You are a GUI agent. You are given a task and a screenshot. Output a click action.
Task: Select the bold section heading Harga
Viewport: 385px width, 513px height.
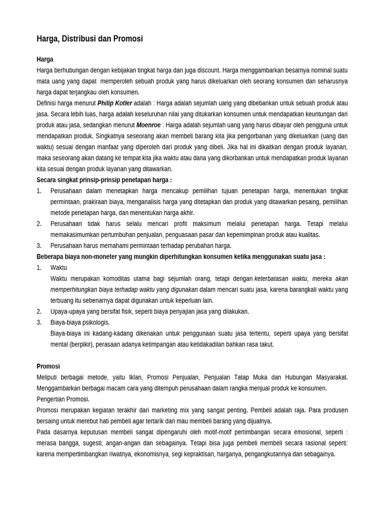(x=45, y=59)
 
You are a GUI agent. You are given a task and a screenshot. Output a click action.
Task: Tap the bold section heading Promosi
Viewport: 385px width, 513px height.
(x=48, y=366)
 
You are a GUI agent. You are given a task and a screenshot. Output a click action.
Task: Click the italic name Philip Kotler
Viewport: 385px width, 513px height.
(x=115, y=103)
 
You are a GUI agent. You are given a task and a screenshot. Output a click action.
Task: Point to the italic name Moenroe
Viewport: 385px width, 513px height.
(x=148, y=125)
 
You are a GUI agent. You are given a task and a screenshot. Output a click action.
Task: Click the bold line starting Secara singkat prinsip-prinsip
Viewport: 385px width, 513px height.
(x=104, y=180)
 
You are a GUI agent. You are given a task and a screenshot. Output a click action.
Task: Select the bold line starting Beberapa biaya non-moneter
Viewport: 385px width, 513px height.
(x=180, y=256)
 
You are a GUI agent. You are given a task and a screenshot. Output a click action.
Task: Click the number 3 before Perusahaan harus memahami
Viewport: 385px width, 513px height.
(x=39, y=245)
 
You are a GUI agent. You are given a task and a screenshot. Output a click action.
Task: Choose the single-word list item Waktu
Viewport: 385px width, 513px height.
(x=59, y=268)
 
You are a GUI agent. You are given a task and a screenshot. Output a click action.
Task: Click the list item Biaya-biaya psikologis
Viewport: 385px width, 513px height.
(x=80, y=322)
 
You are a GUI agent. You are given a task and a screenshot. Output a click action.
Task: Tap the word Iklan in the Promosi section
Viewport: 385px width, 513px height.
(x=135, y=377)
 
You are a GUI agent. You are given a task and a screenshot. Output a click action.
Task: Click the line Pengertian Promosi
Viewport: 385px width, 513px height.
(x=63, y=399)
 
